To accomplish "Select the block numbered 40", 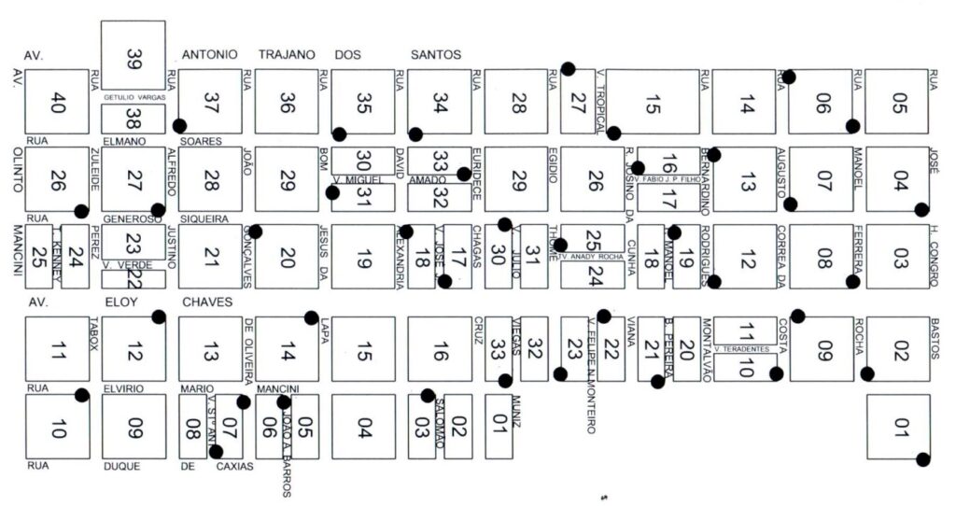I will coord(57,102).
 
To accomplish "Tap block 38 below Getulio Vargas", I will coord(133,119).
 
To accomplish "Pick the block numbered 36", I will coord(287,102).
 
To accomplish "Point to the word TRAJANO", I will coord(288,54).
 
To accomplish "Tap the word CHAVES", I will coord(207,302).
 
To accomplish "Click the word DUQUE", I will coord(121,465).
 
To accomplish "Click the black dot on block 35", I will coord(340,134).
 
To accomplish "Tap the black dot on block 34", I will coord(415,134).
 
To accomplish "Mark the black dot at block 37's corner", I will coord(179,125).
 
